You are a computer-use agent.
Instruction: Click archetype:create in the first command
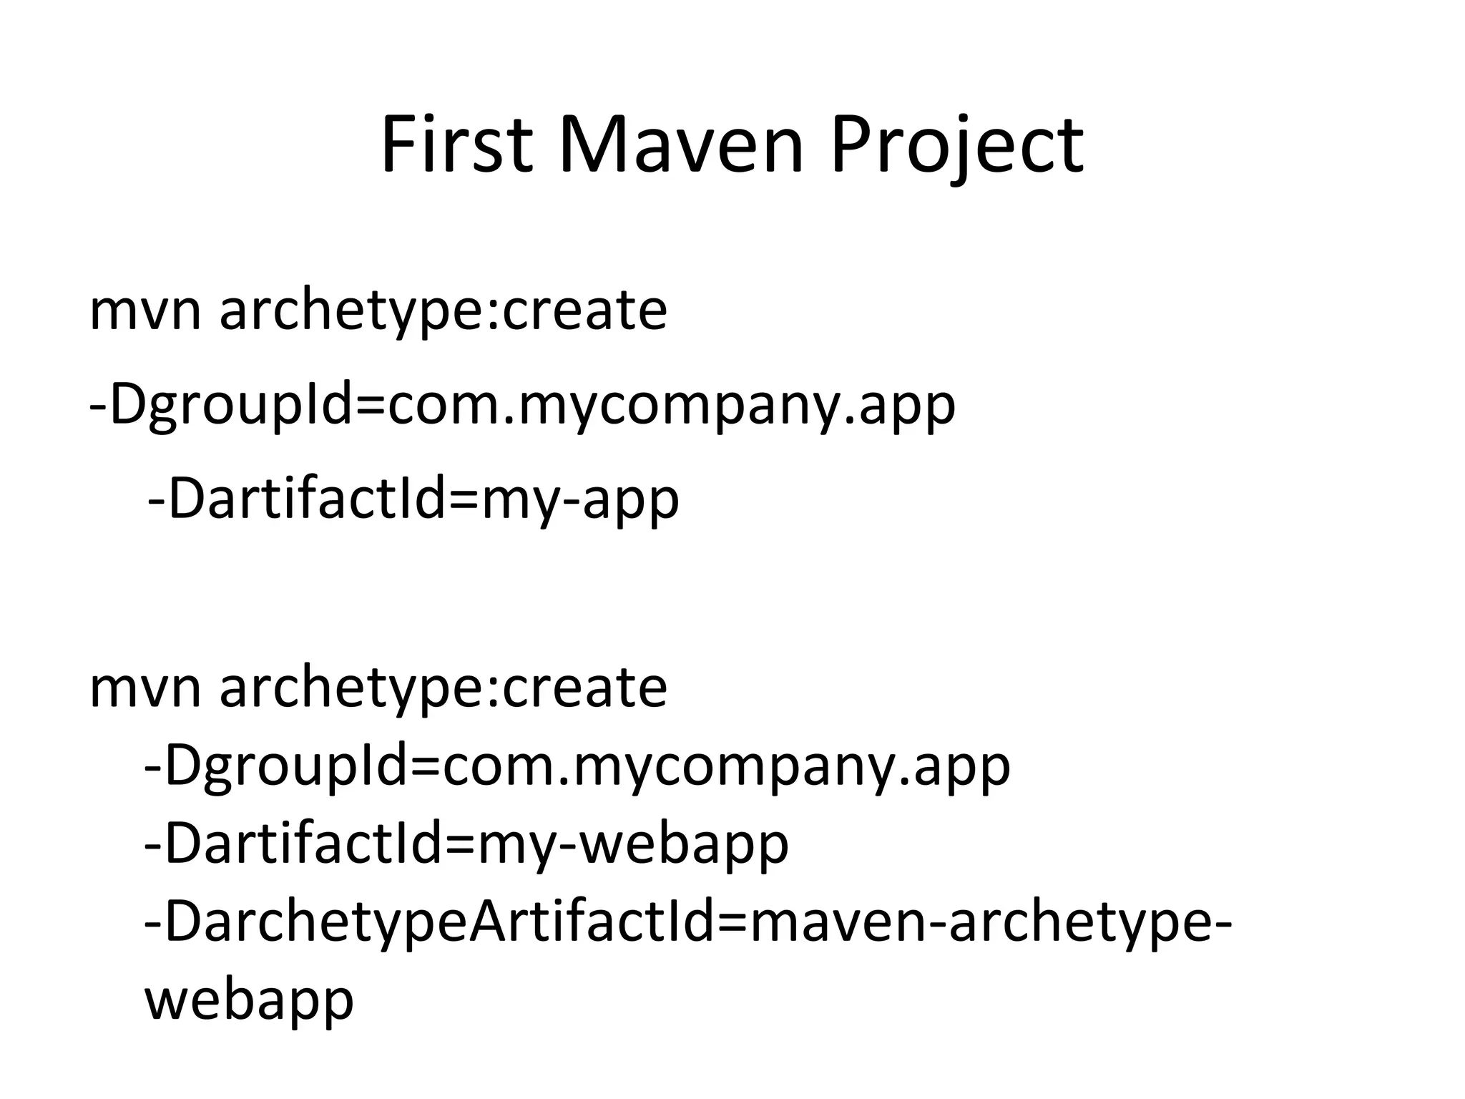point(443,311)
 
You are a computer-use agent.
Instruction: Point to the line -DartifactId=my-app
point(413,499)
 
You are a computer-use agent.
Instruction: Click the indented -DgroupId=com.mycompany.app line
point(577,766)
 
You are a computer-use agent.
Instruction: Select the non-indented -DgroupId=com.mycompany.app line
point(522,405)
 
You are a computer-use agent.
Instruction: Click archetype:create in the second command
point(443,688)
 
